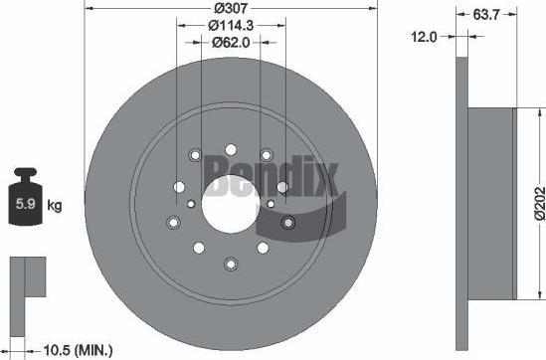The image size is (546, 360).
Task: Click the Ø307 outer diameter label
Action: (231, 8)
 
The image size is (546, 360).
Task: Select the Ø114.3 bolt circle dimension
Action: (231, 26)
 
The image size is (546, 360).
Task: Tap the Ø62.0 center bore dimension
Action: (231, 43)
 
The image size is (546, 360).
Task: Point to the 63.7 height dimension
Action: (486, 15)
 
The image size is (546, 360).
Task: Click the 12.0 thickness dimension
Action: (424, 37)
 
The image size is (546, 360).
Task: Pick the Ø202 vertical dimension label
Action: (540, 204)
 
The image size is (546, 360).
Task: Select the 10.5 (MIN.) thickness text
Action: (78, 349)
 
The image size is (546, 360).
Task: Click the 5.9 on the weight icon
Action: (26, 204)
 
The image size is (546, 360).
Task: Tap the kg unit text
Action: (55, 206)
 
